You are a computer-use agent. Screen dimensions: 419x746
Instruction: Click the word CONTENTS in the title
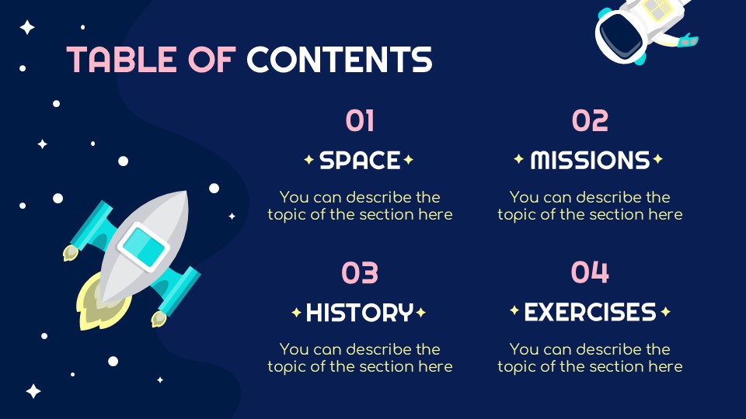pos(339,59)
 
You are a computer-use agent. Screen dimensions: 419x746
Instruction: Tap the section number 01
pos(360,121)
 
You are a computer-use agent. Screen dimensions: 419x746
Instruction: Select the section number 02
pos(590,121)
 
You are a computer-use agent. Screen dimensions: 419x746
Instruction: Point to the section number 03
pos(360,273)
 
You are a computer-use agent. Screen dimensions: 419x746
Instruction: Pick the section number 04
pos(590,273)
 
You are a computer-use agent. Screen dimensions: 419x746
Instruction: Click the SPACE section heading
pos(360,161)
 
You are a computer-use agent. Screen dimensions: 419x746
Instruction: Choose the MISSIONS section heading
pos(590,161)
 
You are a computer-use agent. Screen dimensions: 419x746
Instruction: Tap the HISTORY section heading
pos(359,313)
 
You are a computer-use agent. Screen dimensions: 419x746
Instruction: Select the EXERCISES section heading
pos(590,313)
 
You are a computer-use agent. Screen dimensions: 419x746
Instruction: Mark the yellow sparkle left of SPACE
pos(309,161)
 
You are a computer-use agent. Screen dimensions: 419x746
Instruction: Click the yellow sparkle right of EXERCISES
pos(665,313)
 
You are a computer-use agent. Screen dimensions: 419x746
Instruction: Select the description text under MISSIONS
pos(590,206)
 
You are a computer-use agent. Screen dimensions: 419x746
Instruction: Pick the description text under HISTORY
pos(360,358)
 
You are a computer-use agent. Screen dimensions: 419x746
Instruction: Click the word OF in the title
pos(213,59)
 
